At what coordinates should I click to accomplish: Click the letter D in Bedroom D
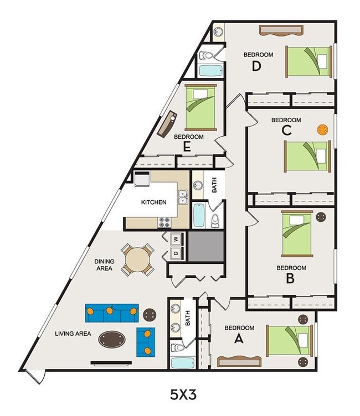coord(256,67)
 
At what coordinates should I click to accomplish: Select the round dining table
coord(137,260)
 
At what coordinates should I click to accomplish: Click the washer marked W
coord(176,240)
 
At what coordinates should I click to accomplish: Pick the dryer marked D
coord(176,254)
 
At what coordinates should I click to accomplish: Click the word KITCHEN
coord(153,202)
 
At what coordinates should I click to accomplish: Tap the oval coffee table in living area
coord(111,339)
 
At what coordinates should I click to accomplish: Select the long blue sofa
coord(111,313)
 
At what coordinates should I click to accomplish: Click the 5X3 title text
coord(183,395)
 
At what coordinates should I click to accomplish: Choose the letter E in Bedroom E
coord(188,147)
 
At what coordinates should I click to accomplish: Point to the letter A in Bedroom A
coord(239,339)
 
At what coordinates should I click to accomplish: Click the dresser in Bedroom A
coord(239,362)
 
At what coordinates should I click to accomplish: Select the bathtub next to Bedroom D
coord(210,71)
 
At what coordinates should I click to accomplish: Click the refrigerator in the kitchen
coord(141,178)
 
